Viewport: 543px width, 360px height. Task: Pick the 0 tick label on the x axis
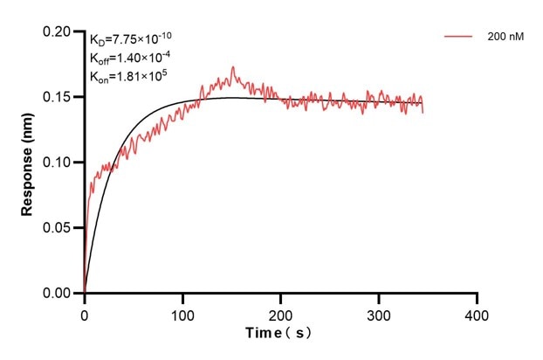[84, 312]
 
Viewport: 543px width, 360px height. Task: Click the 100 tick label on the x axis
[182, 312]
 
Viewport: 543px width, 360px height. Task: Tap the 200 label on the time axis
[280, 312]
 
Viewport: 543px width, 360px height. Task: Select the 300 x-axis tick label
[379, 312]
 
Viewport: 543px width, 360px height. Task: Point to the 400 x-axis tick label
[477, 312]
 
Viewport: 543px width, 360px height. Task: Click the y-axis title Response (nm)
[28, 163]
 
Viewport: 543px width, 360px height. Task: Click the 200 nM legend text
[505, 38]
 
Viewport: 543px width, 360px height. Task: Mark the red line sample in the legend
[460, 38]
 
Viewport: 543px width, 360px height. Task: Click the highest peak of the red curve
[232, 67]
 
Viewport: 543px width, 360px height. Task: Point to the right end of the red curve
[423, 111]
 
